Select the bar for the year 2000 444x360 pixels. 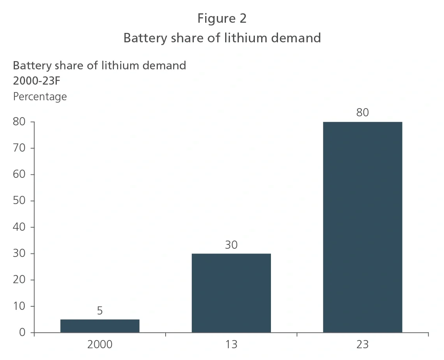click(x=100, y=326)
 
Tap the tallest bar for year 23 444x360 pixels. click(x=363, y=227)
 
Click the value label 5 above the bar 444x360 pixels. click(x=100, y=311)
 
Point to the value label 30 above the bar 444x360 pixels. click(x=231, y=245)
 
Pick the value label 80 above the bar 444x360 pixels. click(x=363, y=113)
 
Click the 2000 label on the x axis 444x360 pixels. click(x=100, y=345)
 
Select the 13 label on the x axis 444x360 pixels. click(x=231, y=345)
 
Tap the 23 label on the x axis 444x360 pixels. click(x=363, y=345)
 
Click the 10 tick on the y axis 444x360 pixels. click(x=19, y=306)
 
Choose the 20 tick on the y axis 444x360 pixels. click(x=19, y=280)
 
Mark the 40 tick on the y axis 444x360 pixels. click(x=19, y=227)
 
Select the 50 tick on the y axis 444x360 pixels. click(x=19, y=201)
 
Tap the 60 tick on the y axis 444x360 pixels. click(x=19, y=174)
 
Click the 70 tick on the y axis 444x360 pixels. click(x=19, y=148)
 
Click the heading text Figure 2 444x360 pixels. click(x=222, y=18)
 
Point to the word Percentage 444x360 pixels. click(x=40, y=96)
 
